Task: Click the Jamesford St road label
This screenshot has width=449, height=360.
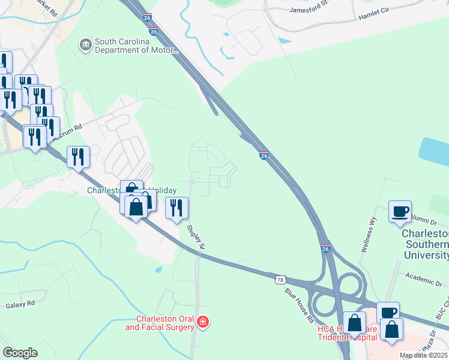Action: [x=310, y=10]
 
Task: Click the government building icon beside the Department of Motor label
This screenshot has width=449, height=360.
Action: [x=86, y=45]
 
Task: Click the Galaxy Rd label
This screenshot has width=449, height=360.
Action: [x=21, y=305]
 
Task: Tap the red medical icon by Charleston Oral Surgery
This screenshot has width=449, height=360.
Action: [x=203, y=323]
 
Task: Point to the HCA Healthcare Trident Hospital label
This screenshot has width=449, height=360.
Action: [x=354, y=333]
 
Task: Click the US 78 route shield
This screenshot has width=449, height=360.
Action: [x=280, y=280]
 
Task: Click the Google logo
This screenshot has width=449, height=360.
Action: [x=20, y=353]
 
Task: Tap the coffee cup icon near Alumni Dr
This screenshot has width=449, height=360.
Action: [x=400, y=211]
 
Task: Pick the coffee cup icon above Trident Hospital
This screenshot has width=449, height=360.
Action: [x=388, y=313]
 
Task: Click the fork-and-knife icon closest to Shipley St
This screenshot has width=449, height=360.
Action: [x=176, y=208]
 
